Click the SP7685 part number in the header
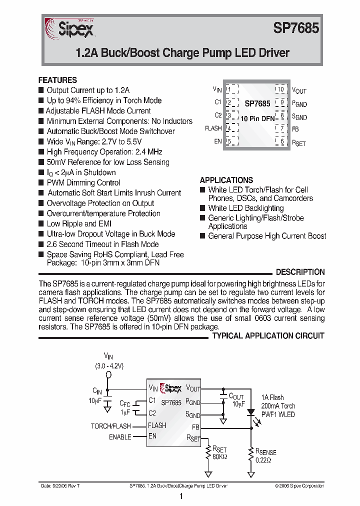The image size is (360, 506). [295, 28]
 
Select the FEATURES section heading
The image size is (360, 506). [57, 80]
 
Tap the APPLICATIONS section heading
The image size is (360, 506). [226, 180]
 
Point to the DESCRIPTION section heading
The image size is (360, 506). [300, 272]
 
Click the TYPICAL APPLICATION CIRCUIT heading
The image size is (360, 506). [268, 336]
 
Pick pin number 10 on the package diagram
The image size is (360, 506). [280, 89]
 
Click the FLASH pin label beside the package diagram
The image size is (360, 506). [213, 128]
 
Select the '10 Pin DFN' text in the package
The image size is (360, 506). [257, 118]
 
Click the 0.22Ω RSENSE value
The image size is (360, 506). [264, 460]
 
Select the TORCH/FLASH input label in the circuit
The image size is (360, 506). [110, 426]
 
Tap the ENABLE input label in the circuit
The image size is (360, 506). [120, 437]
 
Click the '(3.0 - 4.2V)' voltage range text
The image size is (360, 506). [109, 366]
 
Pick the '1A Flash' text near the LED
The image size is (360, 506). [272, 397]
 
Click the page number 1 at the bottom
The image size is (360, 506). [180, 496]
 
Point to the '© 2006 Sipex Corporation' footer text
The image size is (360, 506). [299, 486]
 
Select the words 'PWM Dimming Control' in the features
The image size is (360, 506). [83, 182]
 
